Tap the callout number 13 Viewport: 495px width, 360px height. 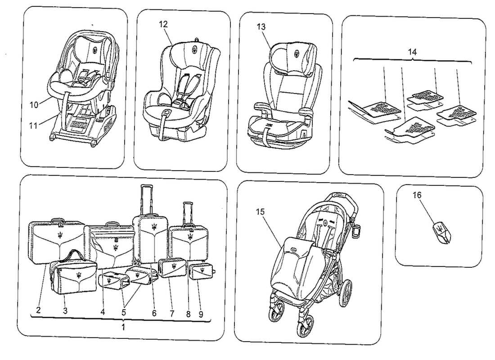point(261,27)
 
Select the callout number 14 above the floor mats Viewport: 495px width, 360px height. point(412,52)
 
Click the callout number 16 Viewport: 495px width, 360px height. point(417,195)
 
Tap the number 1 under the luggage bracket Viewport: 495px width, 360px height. point(124,326)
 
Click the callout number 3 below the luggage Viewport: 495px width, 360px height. point(65,310)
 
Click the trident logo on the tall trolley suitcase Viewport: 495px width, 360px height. point(154,227)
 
